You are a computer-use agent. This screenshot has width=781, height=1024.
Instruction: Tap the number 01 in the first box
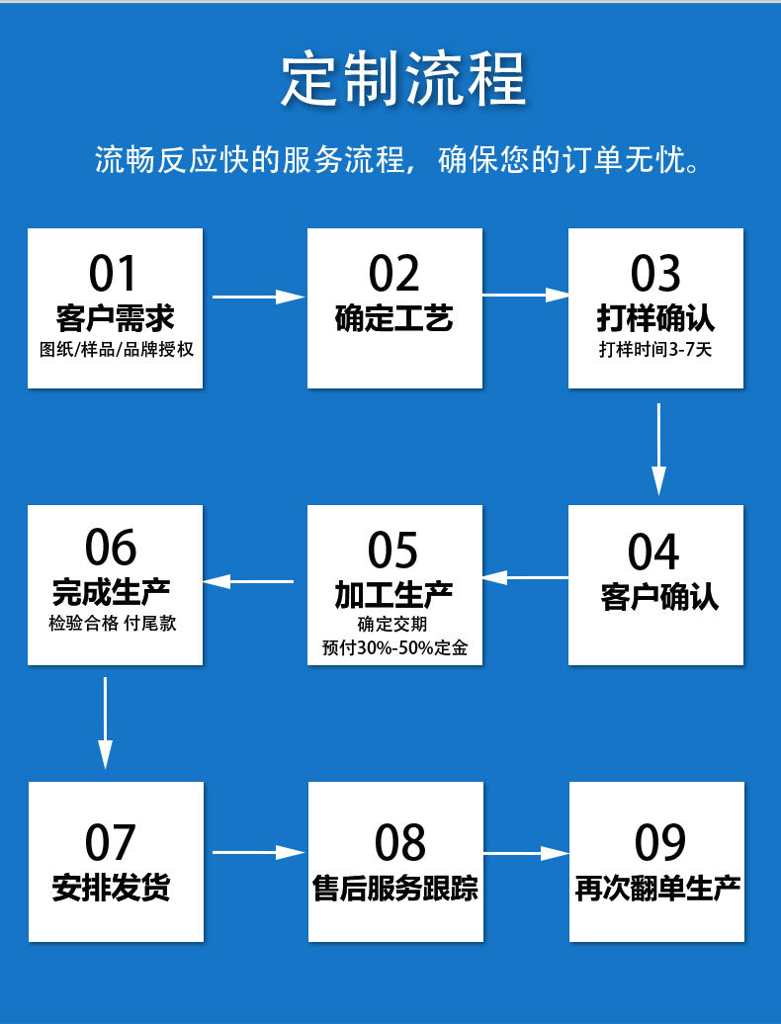pyautogui.click(x=114, y=273)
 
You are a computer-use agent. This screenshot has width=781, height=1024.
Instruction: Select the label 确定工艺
pyautogui.click(x=394, y=318)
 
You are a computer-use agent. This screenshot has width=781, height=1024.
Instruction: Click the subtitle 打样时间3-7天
pyautogui.click(x=654, y=350)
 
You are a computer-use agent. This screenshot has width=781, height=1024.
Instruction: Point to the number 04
pyautogui.click(x=653, y=551)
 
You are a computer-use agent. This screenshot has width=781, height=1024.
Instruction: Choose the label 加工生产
pyautogui.click(x=394, y=595)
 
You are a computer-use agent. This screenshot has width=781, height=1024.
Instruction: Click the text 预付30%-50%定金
pyautogui.click(x=394, y=648)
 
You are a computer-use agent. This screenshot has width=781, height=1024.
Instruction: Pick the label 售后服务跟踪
pyautogui.click(x=395, y=888)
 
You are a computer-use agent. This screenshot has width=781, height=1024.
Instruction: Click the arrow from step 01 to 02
pyautogui.click(x=258, y=297)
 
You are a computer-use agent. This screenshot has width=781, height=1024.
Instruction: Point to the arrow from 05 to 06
pyautogui.click(x=248, y=580)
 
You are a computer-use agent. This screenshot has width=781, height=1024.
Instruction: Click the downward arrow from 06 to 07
pyautogui.click(x=105, y=723)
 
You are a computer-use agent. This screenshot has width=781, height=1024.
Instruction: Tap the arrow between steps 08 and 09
pyautogui.click(x=526, y=852)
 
